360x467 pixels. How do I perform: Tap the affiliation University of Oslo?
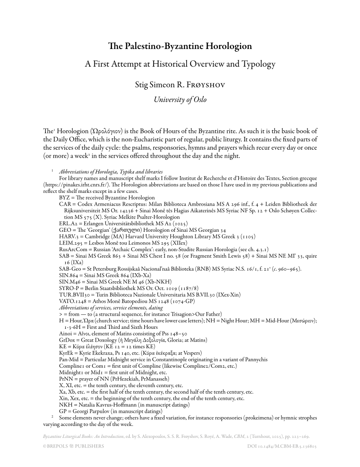pyautogui.click(x=180, y=99)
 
